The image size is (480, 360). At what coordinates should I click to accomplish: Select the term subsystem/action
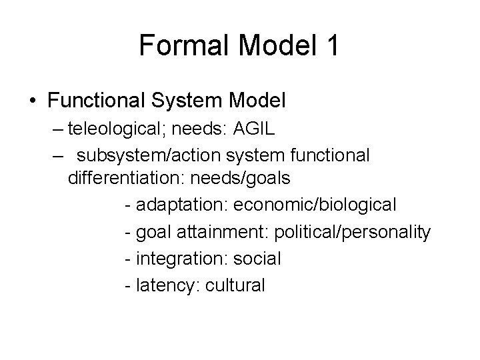pyautogui.click(x=153, y=155)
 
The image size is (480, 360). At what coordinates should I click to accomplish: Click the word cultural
pyautogui.click(x=236, y=285)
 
